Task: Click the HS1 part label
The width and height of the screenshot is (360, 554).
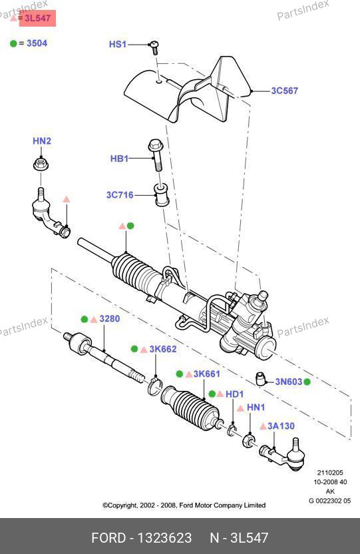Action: tap(118, 44)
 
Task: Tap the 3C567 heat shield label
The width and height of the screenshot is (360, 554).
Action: tap(284, 91)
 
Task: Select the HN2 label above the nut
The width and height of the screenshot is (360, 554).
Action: tap(42, 141)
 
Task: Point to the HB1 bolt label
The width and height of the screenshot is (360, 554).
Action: tap(119, 158)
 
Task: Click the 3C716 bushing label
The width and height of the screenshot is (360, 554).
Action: tap(120, 195)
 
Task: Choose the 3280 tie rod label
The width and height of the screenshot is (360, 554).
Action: tap(110, 319)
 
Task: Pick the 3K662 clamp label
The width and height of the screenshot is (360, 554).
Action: tap(163, 349)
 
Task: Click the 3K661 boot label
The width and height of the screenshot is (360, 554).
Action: tap(206, 374)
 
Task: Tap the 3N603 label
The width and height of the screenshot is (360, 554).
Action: tap(289, 382)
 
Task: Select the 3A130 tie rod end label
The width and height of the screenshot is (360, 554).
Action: tap(281, 426)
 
